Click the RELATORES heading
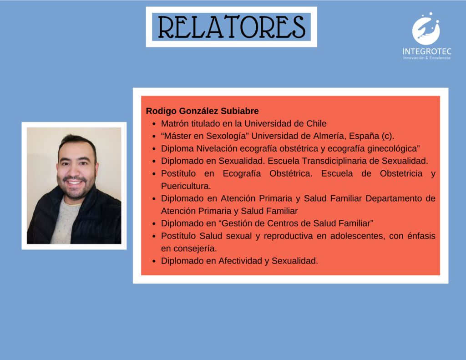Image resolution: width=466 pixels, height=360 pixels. click(x=232, y=27)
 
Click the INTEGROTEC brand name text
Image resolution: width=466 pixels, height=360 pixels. click(x=427, y=51)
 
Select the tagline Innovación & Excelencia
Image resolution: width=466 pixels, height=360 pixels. click(x=427, y=58)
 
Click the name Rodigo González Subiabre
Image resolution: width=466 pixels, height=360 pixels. click(x=202, y=111)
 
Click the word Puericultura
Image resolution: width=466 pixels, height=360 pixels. click(x=186, y=186)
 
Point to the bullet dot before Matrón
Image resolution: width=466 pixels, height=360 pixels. click(x=154, y=124)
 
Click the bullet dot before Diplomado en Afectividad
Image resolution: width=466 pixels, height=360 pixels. click(x=154, y=261)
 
